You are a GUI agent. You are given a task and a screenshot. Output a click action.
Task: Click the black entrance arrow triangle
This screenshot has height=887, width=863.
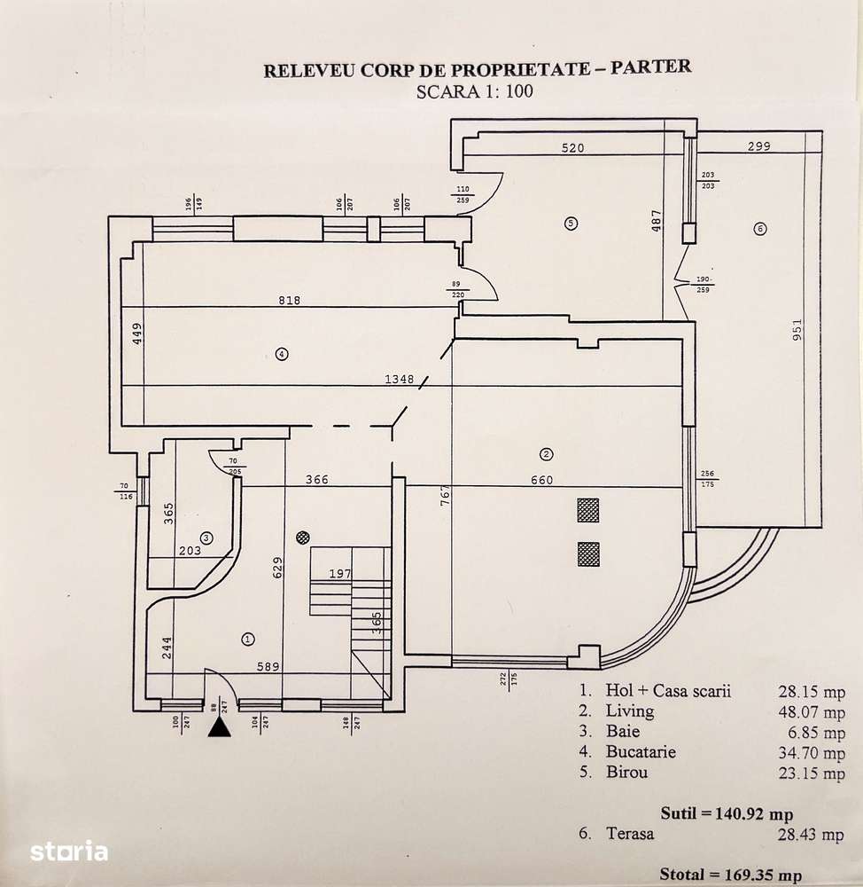tap(220, 727)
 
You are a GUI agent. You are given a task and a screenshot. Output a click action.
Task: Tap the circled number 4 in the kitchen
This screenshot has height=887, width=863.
tap(282, 354)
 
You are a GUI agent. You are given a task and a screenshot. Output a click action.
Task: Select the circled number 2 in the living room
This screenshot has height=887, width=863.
tap(547, 455)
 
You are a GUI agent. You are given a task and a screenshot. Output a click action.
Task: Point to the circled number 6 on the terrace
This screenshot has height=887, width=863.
tap(759, 229)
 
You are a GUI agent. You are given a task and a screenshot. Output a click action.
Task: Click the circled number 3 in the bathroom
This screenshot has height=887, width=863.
tap(206, 538)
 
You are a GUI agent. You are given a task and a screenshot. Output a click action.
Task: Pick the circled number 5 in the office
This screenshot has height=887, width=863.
tap(571, 223)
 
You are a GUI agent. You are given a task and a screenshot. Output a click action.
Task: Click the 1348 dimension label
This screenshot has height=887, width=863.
tap(399, 380)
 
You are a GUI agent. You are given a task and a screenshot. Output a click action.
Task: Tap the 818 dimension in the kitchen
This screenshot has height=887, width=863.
tap(289, 301)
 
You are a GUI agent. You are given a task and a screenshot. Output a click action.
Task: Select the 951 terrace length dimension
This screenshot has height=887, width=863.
tap(797, 333)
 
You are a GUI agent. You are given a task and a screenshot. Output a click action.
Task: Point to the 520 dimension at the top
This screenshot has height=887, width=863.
tap(572, 148)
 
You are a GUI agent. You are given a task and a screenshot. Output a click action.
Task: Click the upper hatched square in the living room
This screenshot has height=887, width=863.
tap(587, 510)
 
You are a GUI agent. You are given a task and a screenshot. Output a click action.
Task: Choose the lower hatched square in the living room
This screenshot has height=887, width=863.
tap(587, 554)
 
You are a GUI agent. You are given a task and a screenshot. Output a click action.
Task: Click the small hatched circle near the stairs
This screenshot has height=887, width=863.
tap(303, 537)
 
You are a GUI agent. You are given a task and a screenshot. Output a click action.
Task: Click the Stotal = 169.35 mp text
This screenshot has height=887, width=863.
tap(730, 875)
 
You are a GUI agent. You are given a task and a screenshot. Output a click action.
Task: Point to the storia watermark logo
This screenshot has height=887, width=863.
tap(69, 852)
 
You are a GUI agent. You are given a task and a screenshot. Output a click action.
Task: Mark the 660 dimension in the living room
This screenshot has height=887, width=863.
tap(541, 481)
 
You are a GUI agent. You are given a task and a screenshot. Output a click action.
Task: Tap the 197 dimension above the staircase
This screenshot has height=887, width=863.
tap(339, 575)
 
